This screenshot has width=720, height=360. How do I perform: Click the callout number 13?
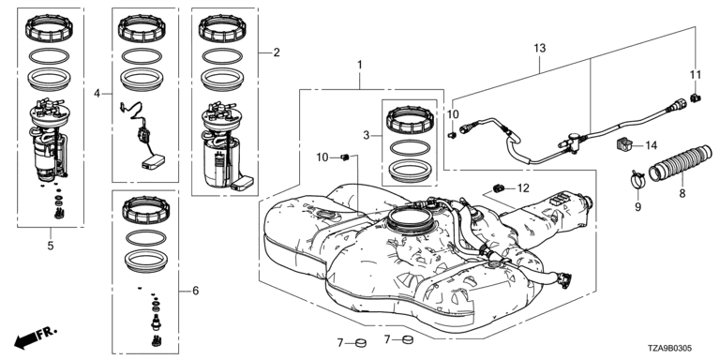(540, 48)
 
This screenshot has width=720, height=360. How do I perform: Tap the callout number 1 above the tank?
(360, 65)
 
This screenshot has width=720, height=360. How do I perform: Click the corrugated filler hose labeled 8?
(680, 164)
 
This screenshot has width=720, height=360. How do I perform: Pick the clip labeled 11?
(695, 97)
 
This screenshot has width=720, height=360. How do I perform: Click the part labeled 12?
(499, 187)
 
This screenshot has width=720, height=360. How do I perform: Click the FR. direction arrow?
(36, 337)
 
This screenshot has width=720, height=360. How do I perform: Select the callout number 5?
(51, 246)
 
